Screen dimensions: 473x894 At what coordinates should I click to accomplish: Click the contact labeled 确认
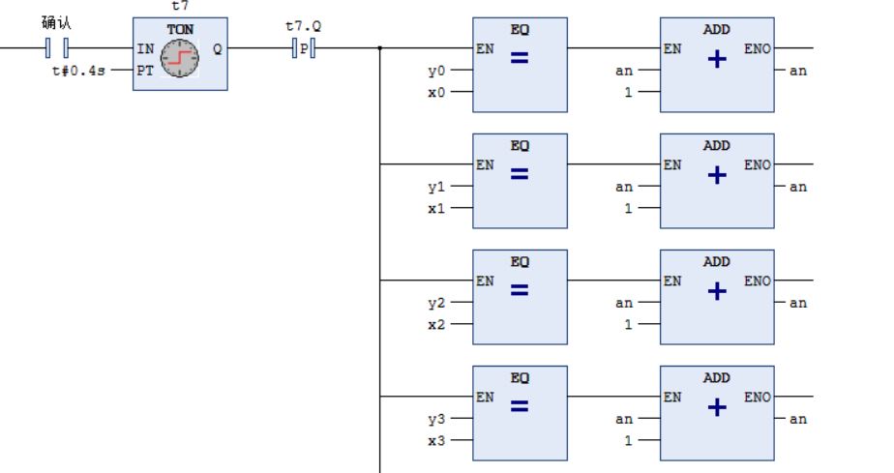57,47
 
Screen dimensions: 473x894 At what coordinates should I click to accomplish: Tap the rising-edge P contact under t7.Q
304,47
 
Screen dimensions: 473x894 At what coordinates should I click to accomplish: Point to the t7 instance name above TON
179,6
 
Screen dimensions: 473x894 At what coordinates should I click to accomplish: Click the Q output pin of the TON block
217,48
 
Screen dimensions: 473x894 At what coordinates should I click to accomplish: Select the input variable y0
437,71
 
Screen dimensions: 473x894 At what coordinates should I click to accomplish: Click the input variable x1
437,208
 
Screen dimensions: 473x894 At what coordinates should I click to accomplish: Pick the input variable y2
437,303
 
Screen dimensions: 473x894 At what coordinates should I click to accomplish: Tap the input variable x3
437,440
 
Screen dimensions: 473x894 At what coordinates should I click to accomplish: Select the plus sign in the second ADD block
717,175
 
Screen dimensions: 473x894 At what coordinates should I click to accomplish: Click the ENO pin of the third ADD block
758,281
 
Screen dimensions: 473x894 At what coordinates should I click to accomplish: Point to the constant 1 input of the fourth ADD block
627,440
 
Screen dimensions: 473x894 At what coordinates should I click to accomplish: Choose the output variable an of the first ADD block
797,71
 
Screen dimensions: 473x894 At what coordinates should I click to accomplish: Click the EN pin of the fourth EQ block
485,397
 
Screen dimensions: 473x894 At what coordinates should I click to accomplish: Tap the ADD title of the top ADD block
717,30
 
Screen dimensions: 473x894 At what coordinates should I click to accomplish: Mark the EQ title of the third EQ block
520,262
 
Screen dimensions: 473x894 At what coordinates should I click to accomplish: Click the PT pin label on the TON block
145,71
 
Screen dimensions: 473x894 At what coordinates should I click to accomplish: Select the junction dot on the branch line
379,47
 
